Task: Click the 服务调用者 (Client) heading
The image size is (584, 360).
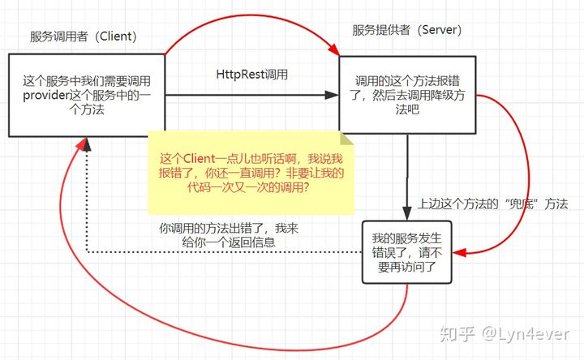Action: [x=83, y=36]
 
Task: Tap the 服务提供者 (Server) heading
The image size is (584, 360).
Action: [x=406, y=30]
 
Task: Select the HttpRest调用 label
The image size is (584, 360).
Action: [x=252, y=74]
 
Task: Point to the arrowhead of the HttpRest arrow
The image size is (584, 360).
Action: [x=332, y=95]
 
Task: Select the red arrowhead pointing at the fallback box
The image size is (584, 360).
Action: [x=457, y=254]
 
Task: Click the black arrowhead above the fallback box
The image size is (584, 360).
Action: [x=406, y=214]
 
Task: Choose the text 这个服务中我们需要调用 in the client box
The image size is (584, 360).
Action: [x=87, y=81]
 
